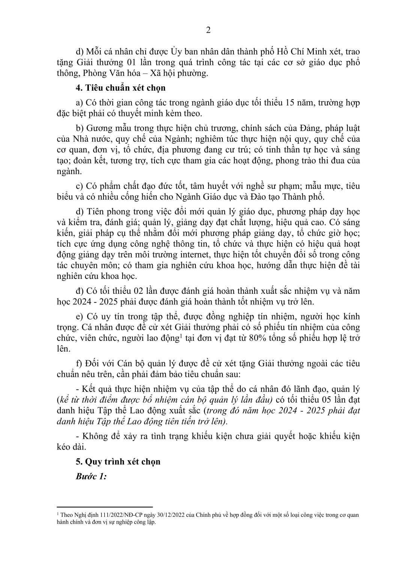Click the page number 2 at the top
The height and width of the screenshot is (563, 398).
point(208,30)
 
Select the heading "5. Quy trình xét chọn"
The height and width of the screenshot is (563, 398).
point(118,461)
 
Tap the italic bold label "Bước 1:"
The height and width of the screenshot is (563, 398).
point(91,476)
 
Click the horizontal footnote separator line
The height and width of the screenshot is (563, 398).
point(104,506)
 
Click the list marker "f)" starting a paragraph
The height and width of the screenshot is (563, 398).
point(79,364)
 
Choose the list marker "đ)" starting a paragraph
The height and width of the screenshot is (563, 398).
point(80,291)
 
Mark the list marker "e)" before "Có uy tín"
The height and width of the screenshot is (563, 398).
point(79,316)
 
